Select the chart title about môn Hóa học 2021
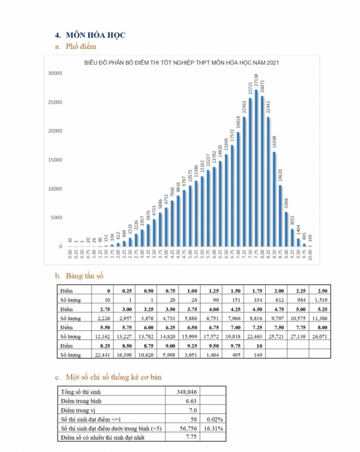coord(182,64)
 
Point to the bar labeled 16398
coord(274,199)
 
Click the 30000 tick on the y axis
coord(55,73)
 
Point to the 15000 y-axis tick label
coord(55,160)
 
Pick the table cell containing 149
coord(259,354)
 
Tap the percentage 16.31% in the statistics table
coord(214,428)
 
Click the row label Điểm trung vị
coord(80,410)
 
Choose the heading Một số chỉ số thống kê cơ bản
coord(113,377)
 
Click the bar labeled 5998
coord(286,229)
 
